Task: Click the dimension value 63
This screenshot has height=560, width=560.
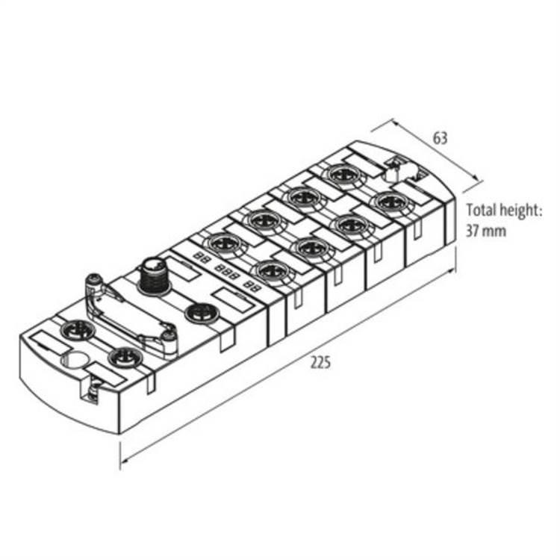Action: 440,137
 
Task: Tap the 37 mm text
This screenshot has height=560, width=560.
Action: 486,231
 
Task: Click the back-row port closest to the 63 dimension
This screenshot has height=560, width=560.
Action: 342,175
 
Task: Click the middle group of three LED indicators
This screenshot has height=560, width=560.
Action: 226,270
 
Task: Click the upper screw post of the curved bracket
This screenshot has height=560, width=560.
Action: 94,282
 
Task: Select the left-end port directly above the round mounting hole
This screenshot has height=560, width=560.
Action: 75,329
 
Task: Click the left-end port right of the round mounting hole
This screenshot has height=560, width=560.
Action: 121,358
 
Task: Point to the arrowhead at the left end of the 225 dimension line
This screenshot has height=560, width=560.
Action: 122,456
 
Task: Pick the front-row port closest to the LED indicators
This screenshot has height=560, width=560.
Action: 272,270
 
